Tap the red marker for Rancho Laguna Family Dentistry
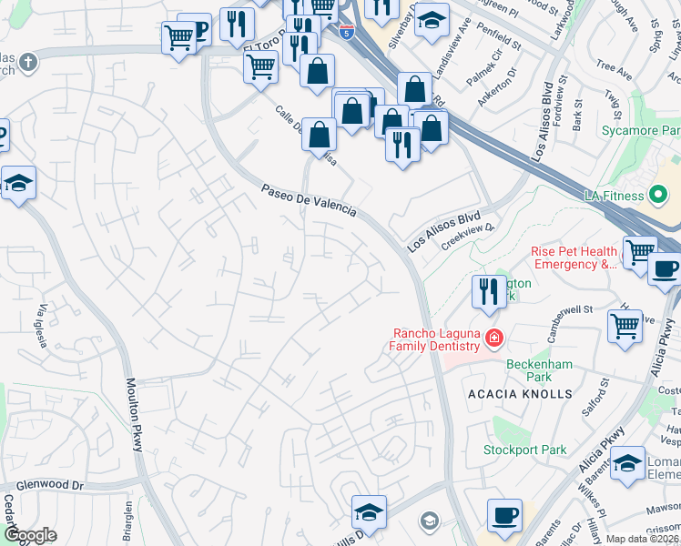click(493, 339)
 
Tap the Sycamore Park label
click(641, 131)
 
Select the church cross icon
click(28, 63)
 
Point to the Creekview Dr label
click(467, 236)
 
